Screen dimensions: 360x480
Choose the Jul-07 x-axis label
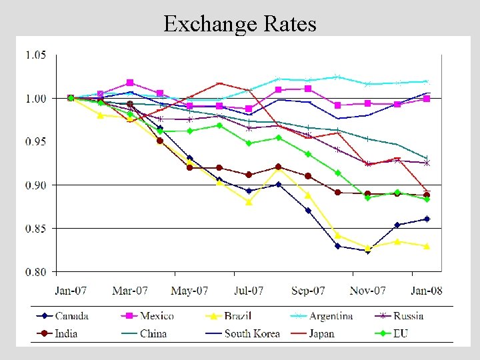(248, 291)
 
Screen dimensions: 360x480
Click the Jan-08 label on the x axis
(426, 291)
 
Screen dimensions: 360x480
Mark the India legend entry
(67, 333)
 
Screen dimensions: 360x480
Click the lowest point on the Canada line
(367, 251)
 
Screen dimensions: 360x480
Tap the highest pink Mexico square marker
(130, 83)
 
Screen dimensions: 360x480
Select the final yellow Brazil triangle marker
(427, 246)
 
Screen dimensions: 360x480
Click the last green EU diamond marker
(427, 199)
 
